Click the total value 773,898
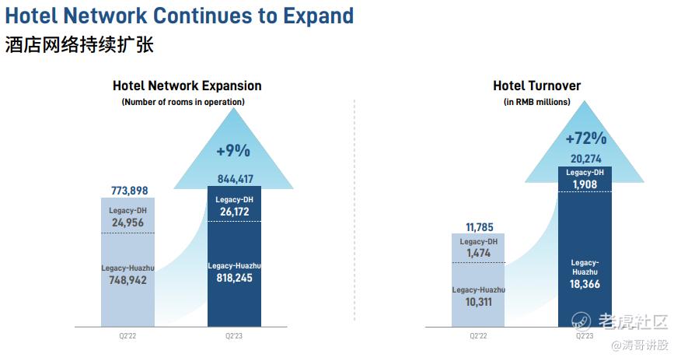point(128,191)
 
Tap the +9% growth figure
point(234,150)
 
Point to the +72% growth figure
point(585,139)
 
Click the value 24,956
point(128,222)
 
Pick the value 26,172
point(234,211)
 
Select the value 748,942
point(128,280)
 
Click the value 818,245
point(234,278)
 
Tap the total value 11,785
point(479,227)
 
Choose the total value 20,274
point(585,159)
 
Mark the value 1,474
point(479,254)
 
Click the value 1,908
point(585,184)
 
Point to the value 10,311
point(479,302)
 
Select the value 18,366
point(585,284)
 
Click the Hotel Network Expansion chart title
point(187,86)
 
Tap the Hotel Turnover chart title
point(536,86)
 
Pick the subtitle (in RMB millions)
point(536,102)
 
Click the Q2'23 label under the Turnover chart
point(585,336)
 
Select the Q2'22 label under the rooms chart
point(128,336)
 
